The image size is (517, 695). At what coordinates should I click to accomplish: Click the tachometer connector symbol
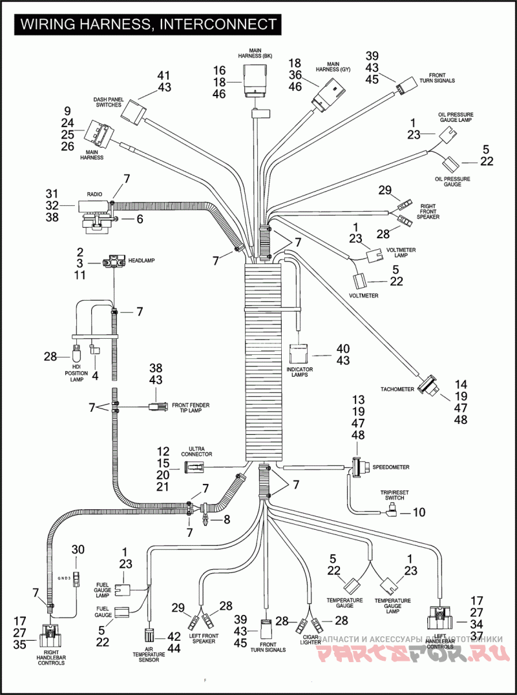tap(428, 385)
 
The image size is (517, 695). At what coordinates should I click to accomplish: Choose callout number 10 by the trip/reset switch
tap(419, 513)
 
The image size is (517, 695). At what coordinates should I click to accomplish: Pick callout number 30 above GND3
tap(78, 549)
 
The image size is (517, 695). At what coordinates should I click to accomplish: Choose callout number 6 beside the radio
tap(140, 219)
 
